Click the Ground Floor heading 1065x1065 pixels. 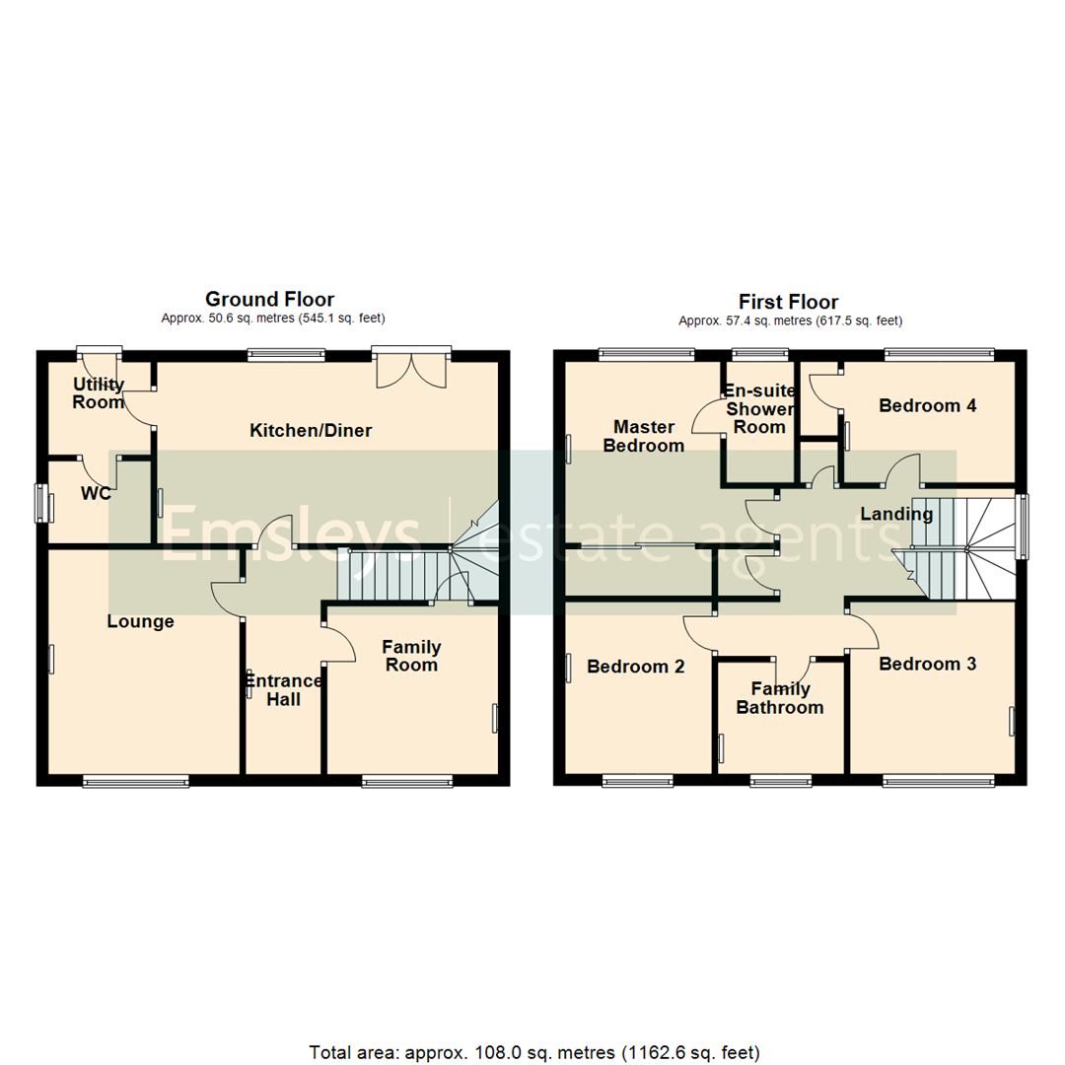(x=269, y=299)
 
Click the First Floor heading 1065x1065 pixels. (x=789, y=302)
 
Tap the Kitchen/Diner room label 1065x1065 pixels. (x=311, y=430)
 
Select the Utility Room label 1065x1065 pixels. (x=99, y=393)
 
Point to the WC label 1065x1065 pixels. (x=96, y=494)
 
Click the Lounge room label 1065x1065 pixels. (x=141, y=621)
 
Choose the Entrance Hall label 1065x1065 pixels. (x=283, y=690)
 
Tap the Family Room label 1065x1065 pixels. (x=411, y=656)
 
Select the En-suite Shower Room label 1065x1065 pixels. (x=758, y=408)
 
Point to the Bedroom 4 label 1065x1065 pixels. (x=928, y=405)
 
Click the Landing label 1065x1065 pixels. (x=896, y=514)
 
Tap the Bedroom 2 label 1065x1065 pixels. (x=636, y=667)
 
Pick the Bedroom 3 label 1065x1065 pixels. (x=928, y=664)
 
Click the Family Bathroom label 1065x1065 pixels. (x=779, y=698)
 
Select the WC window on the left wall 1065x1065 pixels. (x=43, y=504)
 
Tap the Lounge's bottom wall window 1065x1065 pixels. (x=135, y=782)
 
